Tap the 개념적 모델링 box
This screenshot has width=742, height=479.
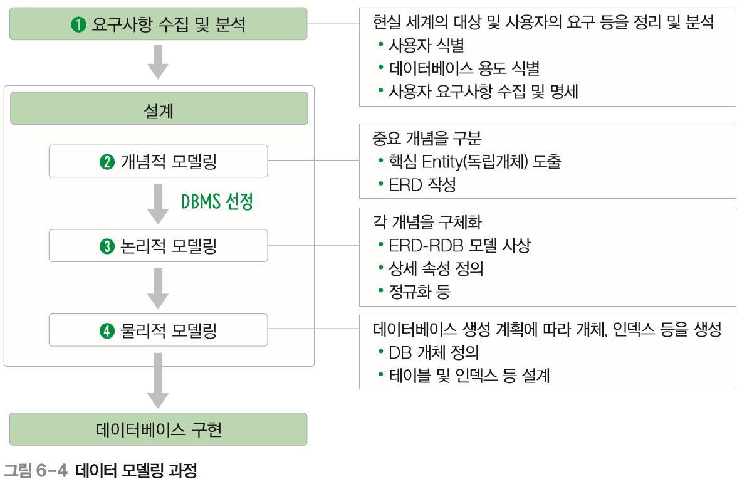(x=159, y=161)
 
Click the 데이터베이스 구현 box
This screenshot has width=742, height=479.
(x=158, y=429)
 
